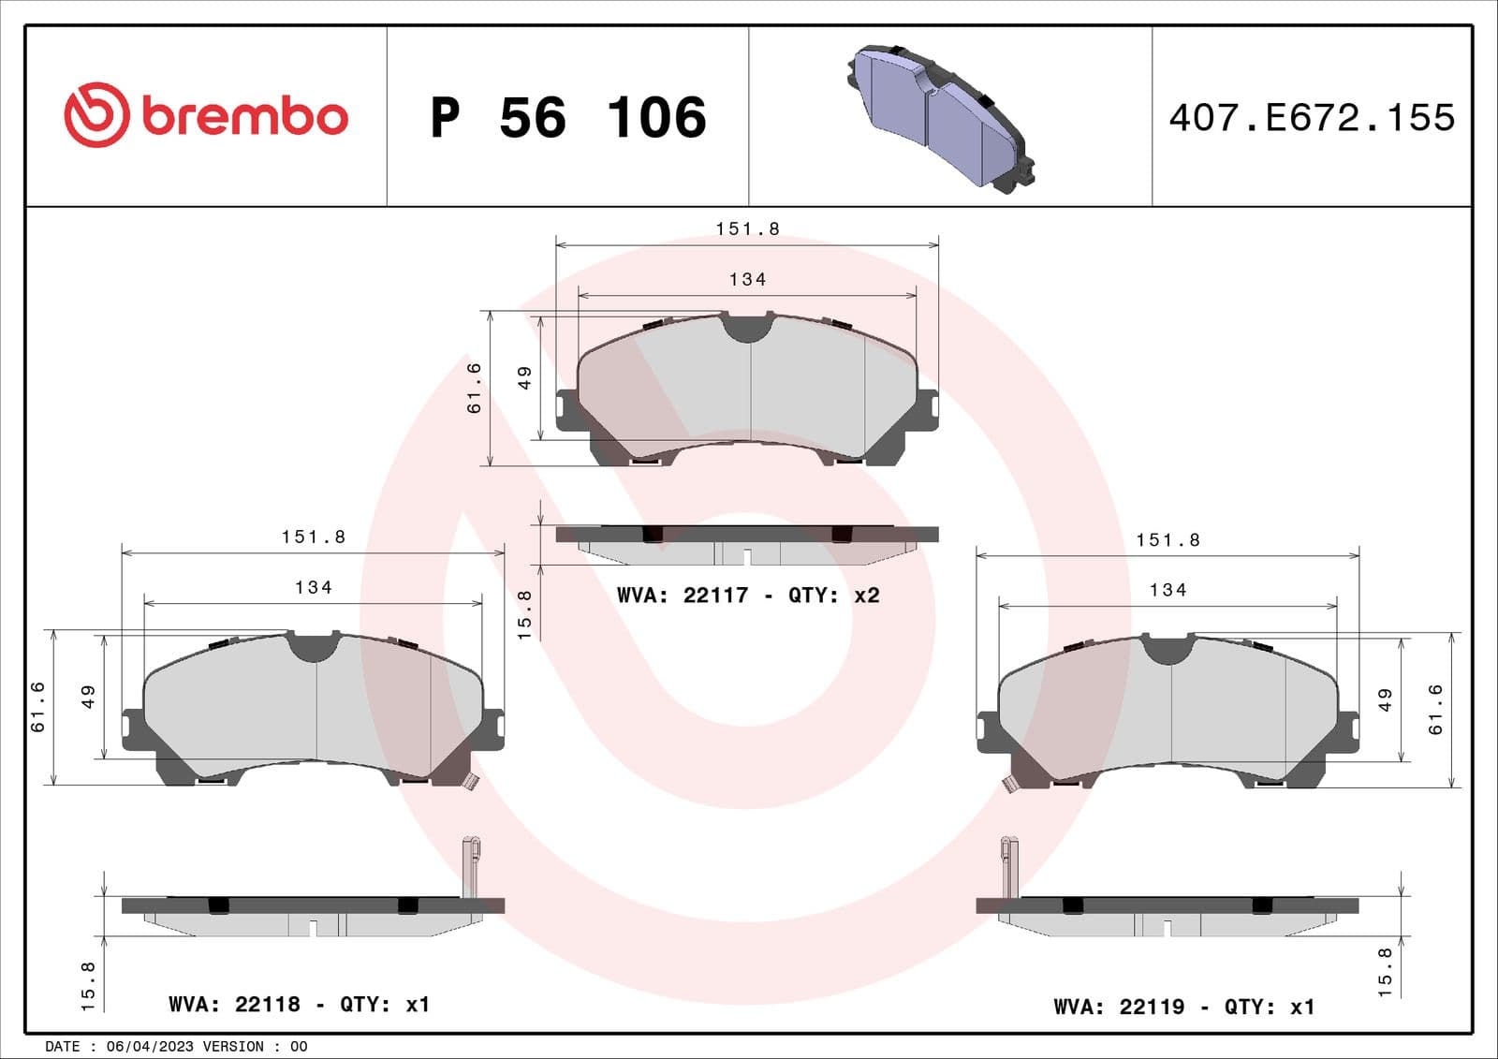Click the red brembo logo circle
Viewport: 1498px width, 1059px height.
[95, 115]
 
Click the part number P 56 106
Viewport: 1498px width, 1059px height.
[567, 118]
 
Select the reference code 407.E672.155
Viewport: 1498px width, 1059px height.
[1312, 118]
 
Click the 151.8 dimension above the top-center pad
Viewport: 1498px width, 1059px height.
[747, 229]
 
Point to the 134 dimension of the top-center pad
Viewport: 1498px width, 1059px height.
[747, 280]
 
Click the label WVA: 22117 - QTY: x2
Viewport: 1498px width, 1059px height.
[747, 596]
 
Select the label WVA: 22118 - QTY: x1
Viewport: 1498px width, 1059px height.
[299, 1005]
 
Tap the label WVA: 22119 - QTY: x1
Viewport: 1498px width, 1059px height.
[1183, 1008]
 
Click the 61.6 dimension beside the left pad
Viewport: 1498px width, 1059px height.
[38, 707]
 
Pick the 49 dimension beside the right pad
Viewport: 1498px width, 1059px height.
[1385, 700]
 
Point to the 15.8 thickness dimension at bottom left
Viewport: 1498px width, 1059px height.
[88, 985]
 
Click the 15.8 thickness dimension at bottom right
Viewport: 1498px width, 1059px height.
[1385, 971]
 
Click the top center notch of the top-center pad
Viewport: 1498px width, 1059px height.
[747, 328]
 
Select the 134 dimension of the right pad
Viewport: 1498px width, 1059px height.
[1168, 591]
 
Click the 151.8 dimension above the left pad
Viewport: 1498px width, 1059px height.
[314, 537]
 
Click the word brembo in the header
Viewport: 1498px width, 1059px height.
[244, 117]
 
